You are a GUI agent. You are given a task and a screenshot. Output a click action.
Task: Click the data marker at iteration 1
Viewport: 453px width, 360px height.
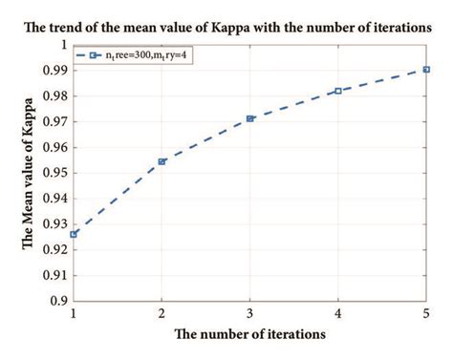(74, 234)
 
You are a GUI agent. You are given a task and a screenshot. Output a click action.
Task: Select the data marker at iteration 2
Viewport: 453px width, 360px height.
(162, 161)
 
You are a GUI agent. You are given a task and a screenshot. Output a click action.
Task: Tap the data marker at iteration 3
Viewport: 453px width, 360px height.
(250, 118)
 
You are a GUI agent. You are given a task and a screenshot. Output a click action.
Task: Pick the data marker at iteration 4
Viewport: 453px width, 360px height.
(338, 91)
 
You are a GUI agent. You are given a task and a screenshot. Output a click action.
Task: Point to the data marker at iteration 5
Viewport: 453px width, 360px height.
(426, 70)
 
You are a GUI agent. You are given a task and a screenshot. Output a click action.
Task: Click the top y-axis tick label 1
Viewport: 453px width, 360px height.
(63, 44)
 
